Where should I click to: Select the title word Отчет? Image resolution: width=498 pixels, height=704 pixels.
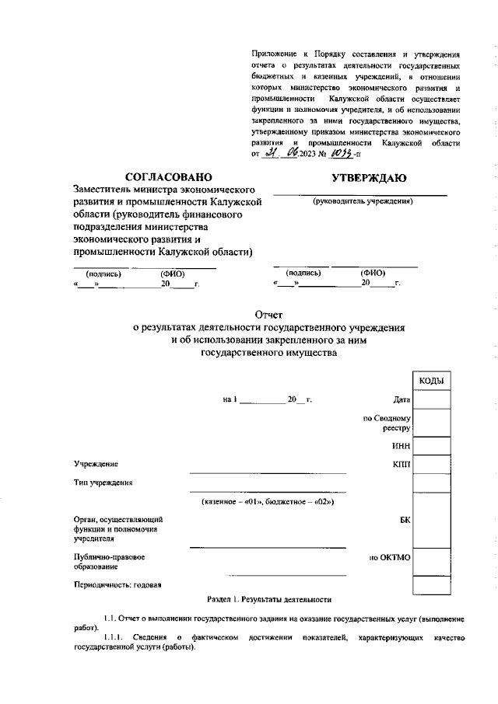[x=268, y=315]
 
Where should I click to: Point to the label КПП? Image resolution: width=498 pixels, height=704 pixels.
[x=401, y=464]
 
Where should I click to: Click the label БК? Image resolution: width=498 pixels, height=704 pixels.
[x=404, y=521]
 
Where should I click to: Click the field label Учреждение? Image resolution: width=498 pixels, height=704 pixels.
[x=96, y=464]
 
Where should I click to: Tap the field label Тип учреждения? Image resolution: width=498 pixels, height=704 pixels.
[x=103, y=483]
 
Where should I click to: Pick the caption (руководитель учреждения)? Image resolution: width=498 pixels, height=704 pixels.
[x=362, y=201]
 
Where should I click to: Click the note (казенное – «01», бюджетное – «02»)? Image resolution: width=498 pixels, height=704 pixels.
[x=267, y=501]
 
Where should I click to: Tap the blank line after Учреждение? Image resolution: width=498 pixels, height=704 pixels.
[x=268, y=471]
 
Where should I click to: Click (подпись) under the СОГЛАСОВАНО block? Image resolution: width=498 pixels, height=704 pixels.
[x=103, y=274]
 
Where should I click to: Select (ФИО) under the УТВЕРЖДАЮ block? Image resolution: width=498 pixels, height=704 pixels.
[x=373, y=273]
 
